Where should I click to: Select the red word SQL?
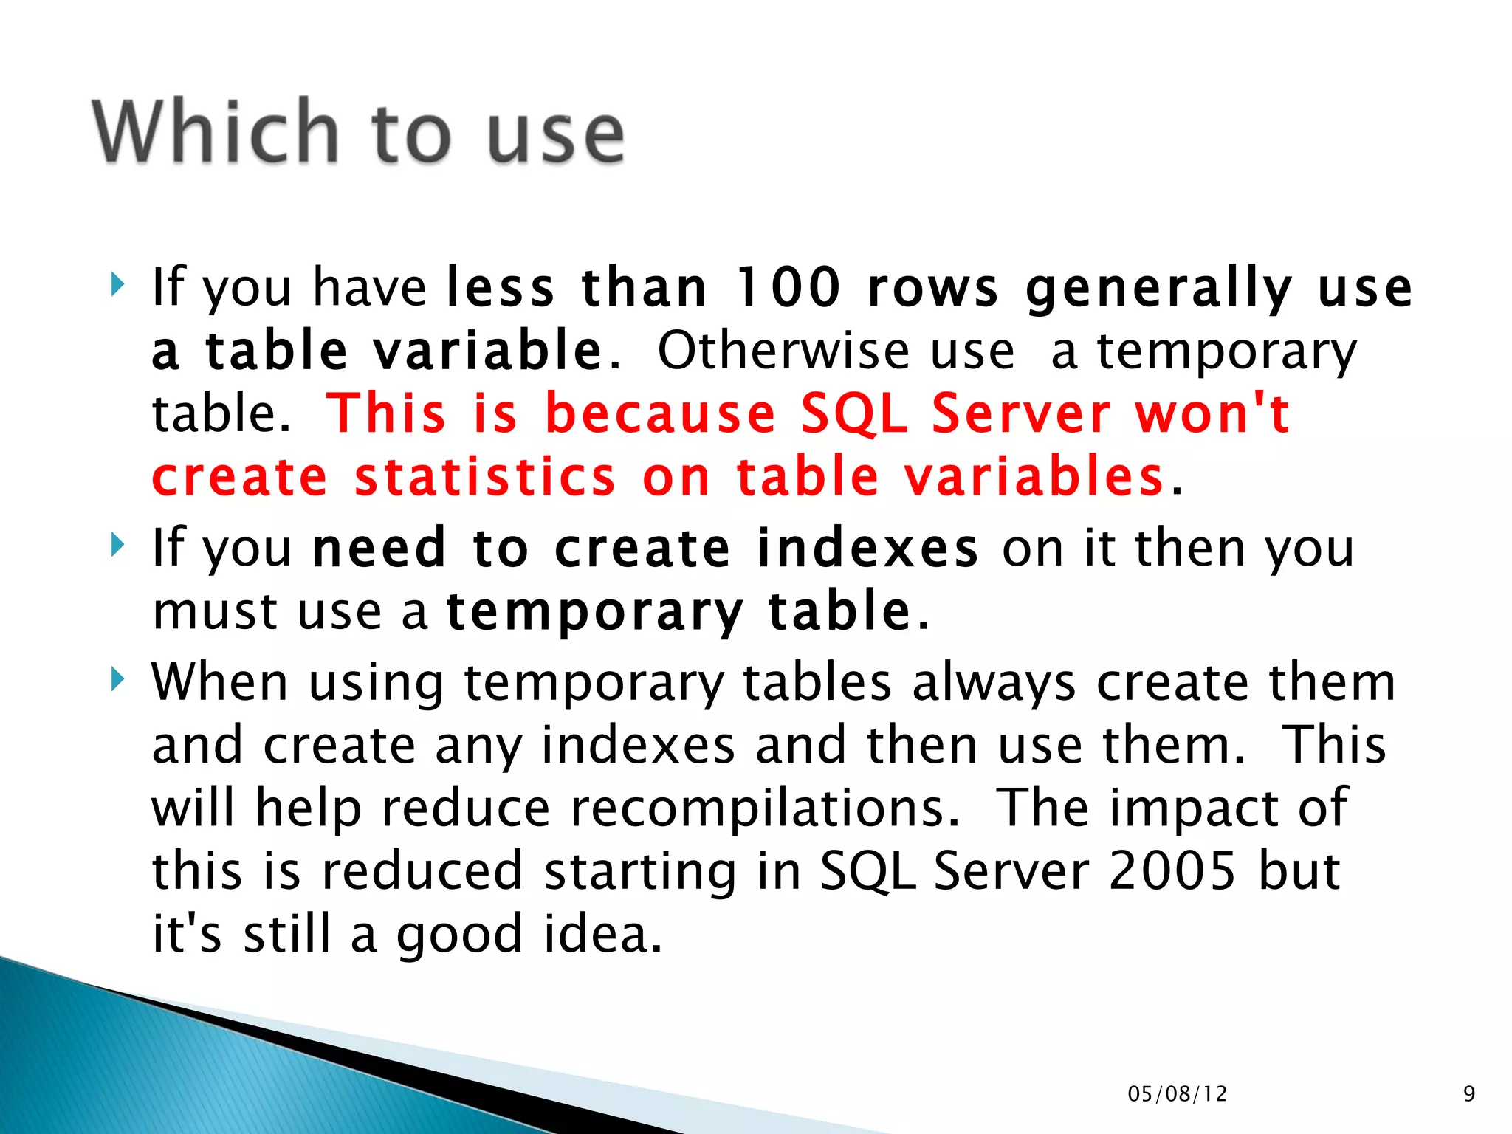(854, 413)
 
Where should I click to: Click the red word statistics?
(485, 477)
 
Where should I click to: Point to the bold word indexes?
(867, 548)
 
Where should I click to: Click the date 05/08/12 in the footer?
(1177, 1093)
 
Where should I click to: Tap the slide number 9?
(1468, 1093)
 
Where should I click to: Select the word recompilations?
(765, 808)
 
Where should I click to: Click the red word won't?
(1212, 413)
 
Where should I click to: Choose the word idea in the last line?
(602, 934)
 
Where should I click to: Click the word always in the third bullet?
(994, 684)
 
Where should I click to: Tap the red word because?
(660, 413)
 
